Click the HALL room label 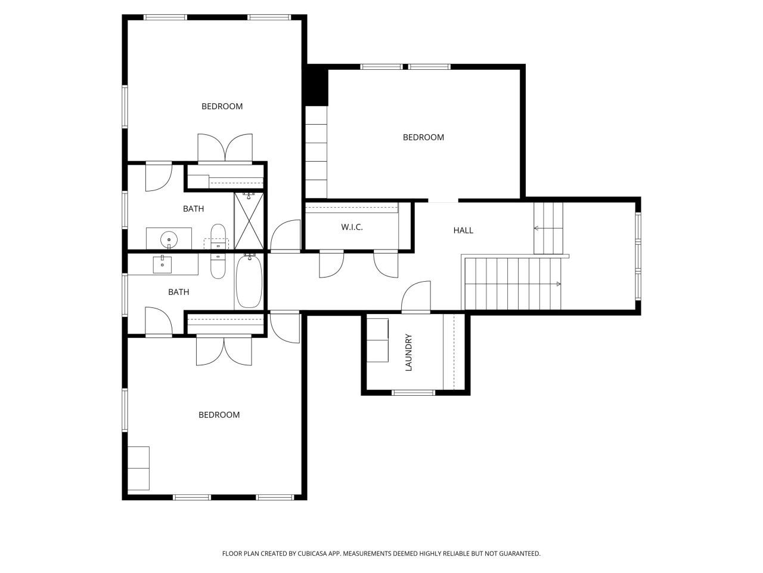coord(463,230)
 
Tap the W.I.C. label coord(352,227)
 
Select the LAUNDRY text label coord(409,352)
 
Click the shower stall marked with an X coord(249,220)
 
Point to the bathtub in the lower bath coord(249,282)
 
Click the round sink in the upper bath coord(169,240)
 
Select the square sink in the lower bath coord(162,264)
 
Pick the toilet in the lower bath coord(218,266)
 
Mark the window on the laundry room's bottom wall coord(414,392)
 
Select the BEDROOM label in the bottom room coord(219,415)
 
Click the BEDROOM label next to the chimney coord(423,137)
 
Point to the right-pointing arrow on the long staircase coord(559,284)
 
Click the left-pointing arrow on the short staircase coord(536,228)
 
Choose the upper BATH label coord(193,209)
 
